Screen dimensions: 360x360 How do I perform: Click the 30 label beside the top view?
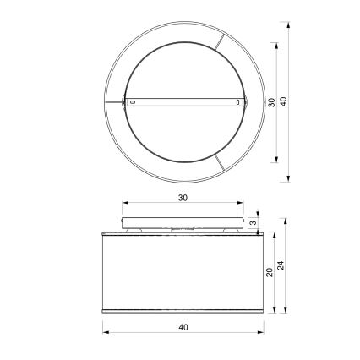(271, 102)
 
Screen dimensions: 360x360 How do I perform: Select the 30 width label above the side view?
(183, 197)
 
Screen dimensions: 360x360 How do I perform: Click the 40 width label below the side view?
(183, 326)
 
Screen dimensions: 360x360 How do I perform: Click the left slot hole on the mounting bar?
(132, 102)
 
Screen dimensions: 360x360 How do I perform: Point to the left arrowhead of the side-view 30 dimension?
(124, 203)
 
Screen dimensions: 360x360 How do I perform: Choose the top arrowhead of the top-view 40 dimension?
(290, 25)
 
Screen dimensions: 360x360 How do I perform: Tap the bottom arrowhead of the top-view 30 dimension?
(278, 161)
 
